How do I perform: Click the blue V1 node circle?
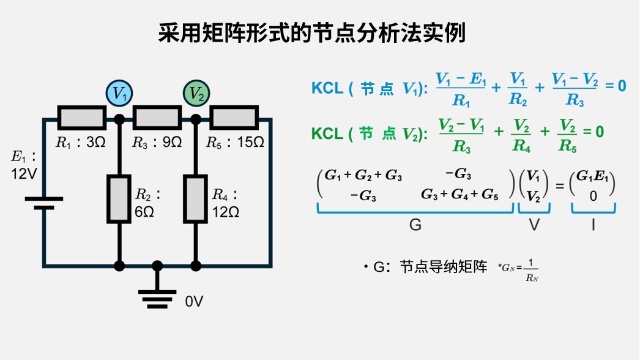[119, 94]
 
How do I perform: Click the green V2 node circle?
[196, 94]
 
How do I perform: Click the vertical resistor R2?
[119, 199]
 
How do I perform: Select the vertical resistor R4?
[196, 199]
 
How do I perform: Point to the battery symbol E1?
[43, 203]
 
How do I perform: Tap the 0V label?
[194, 302]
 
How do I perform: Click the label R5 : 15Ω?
[235, 143]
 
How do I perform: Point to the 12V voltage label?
[24, 174]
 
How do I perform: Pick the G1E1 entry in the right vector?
[593, 176]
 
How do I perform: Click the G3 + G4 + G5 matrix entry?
[460, 195]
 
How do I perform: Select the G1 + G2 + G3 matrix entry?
[363, 176]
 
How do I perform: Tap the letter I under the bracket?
[593, 225]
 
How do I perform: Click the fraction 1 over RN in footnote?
[530, 271]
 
